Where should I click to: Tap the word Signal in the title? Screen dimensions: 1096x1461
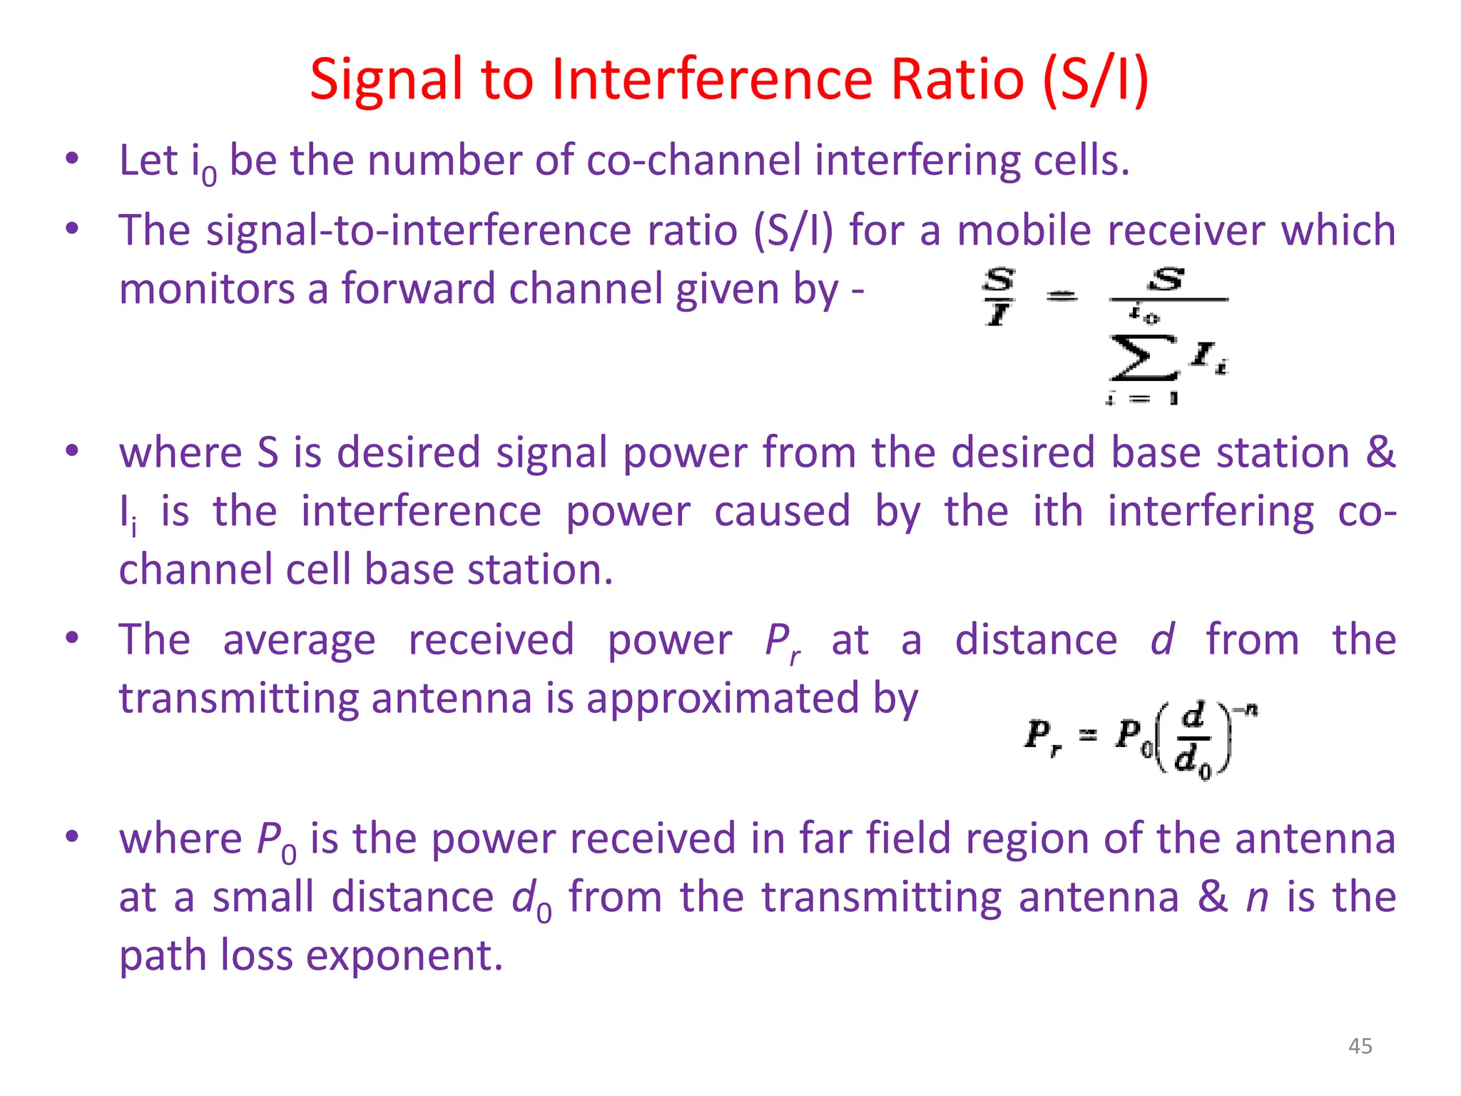[386, 80]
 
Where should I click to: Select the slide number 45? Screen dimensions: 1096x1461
[1360, 1046]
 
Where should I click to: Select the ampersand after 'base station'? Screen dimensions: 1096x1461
[1380, 452]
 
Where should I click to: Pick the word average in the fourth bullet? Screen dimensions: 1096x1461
[299, 640]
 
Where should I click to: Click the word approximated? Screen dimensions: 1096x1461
[723, 698]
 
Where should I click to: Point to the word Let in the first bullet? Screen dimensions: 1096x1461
[148, 160]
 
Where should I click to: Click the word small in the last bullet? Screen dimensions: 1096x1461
[263, 897]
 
